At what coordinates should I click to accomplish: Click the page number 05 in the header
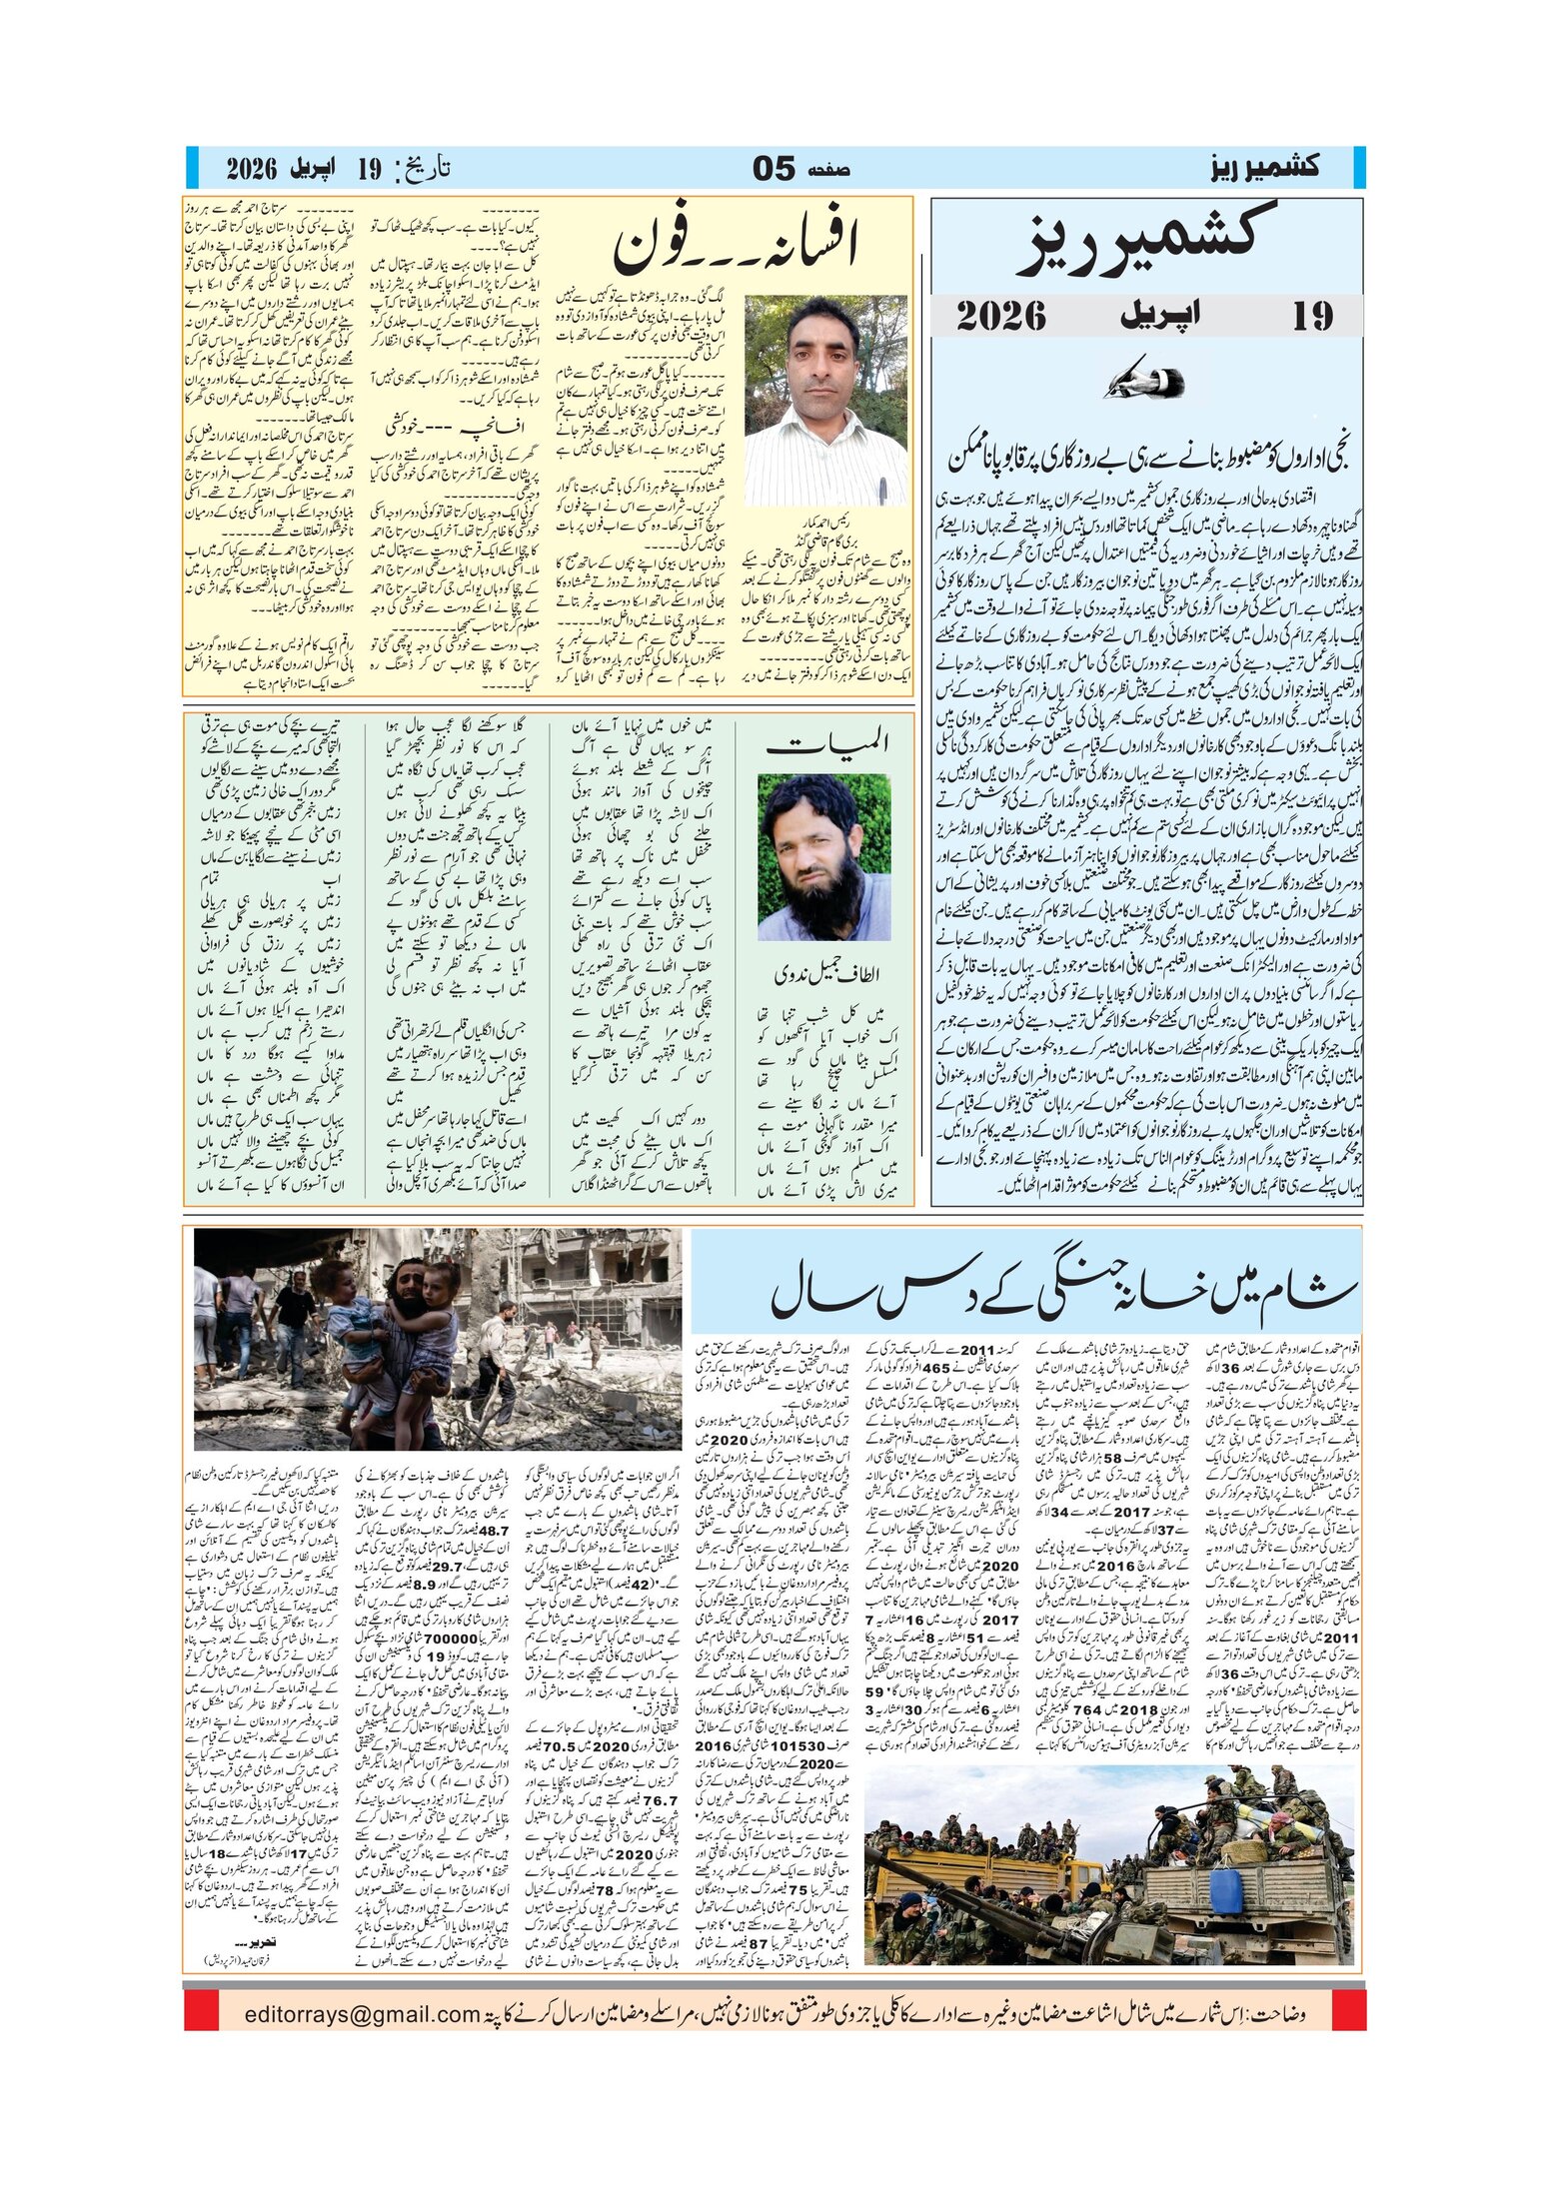[774, 169]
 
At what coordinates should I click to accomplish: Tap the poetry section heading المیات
[826, 743]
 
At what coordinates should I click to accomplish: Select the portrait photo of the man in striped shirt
[825, 400]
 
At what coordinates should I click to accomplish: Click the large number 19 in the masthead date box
[1312, 317]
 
